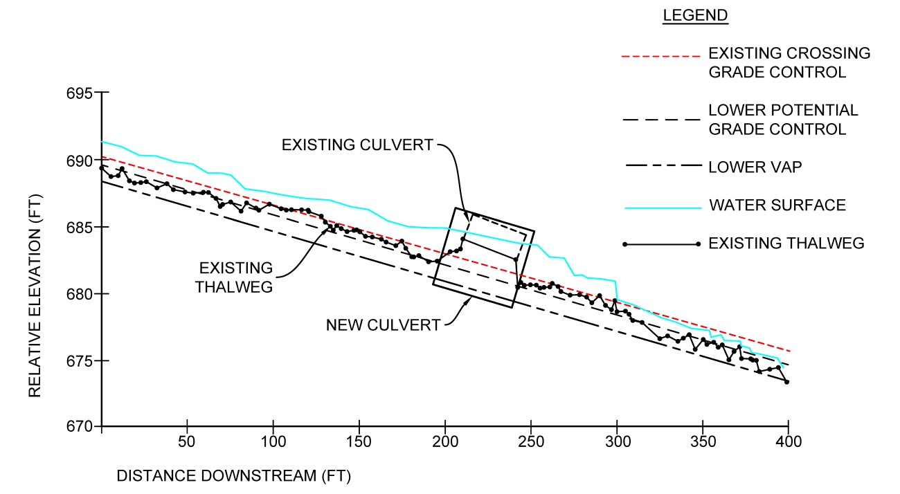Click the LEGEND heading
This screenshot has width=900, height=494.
(695, 15)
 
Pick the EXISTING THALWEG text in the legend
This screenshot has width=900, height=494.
(786, 243)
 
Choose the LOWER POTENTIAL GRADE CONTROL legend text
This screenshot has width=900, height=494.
(783, 119)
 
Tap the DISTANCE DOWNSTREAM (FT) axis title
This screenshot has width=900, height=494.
(234, 476)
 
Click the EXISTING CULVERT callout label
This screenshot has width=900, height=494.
(357, 145)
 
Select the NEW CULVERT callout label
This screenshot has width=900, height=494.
(383, 325)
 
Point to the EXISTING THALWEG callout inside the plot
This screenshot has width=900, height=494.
(234, 277)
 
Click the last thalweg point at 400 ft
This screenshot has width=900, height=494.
(787, 382)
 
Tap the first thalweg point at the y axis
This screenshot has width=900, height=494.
(102, 167)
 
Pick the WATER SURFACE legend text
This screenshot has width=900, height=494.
(777, 205)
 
